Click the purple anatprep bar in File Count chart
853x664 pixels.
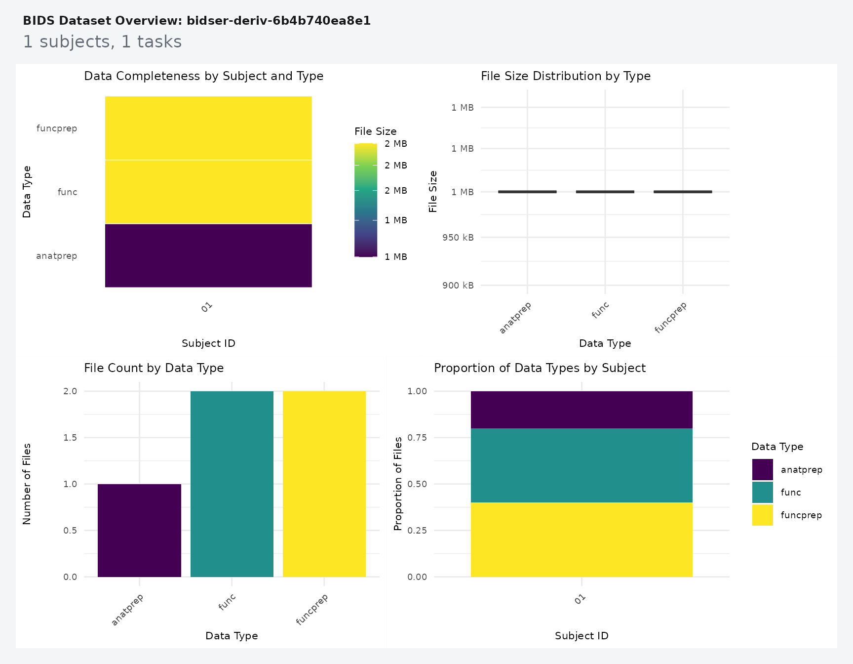point(139,530)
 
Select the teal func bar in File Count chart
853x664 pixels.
point(232,484)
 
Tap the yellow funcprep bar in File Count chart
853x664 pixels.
point(324,484)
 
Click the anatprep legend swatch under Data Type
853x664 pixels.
point(762,469)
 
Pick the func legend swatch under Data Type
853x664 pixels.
point(762,492)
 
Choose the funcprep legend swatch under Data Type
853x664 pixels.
point(762,515)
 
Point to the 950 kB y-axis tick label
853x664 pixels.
point(458,238)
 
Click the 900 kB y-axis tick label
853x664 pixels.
point(458,286)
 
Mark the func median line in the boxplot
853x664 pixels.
point(605,192)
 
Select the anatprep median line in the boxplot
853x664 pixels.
point(527,192)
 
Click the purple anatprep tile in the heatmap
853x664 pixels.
point(208,255)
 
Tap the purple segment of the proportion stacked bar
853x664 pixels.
point(582,410)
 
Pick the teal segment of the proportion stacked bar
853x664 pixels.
point(582,465)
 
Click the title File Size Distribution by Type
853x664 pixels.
point(565,76)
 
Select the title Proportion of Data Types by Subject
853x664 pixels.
point(540,368)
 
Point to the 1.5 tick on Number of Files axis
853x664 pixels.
point(70,438)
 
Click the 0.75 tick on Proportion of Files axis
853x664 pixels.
point(417,438)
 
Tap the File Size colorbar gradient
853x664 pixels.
point(365,200)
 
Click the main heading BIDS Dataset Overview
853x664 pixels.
point(196,21)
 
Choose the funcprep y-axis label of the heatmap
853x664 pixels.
point(57,128)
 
